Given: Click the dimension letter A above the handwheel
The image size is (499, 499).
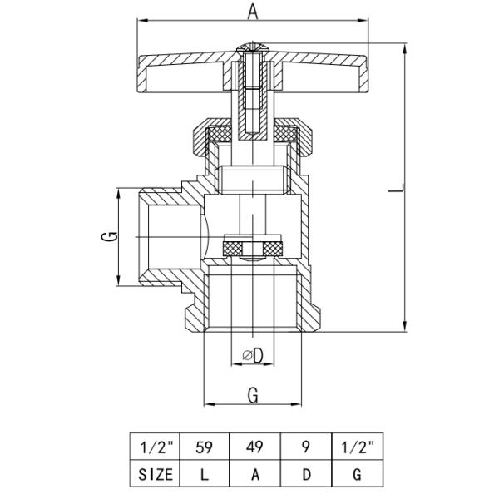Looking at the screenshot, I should pyautogui.click(x=253, y=12).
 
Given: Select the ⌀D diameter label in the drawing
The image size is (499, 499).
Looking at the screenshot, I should pyautogui.click(x=253, y=356).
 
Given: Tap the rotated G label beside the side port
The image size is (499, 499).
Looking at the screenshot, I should pyautogui.click(x=106, y=239).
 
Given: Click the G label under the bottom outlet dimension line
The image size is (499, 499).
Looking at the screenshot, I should pyautogui.click(x=252, y=395).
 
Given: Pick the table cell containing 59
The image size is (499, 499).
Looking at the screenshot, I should pyautogui.click(x=204, y=447).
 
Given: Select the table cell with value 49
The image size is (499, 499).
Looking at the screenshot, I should pyautogui.click(x=255, y=447).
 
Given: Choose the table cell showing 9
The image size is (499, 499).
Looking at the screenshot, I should pyautogui.click(x=306, y=447).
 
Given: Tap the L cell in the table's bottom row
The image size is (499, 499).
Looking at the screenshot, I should pyautogui.click(x=204, y=474).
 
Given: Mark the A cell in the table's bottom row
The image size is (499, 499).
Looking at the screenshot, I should pyautogui.click(x=255, y=474).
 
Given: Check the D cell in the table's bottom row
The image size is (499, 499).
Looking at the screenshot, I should pyautogui.click(x=306, y=474).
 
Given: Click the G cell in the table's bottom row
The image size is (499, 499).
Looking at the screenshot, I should pyautogui.click(x=355, y=474).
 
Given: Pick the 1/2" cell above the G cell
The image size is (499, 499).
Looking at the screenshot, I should pyautogui.click(x=355, y=447).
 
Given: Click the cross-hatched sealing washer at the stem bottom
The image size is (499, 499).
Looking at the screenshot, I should pyautogui.click(x=253, y=247).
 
